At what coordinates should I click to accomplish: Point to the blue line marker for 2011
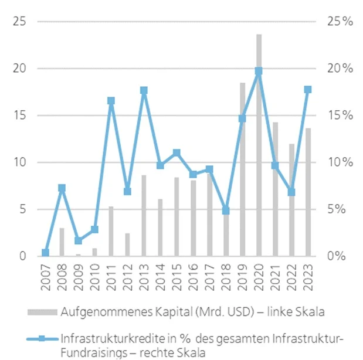pos(111,101)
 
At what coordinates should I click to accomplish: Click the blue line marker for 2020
pos(259,71)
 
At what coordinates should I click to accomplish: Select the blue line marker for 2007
pos(45,253)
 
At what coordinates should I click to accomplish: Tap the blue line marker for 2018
pos(226,210)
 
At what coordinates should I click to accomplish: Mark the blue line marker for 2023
pos(308,89)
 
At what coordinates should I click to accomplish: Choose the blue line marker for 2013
pos(144,90)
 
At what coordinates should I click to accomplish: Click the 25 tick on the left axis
pos(22,22)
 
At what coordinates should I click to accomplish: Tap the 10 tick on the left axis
pos(22,162)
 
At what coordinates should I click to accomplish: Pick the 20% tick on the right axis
pos(339,69)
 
